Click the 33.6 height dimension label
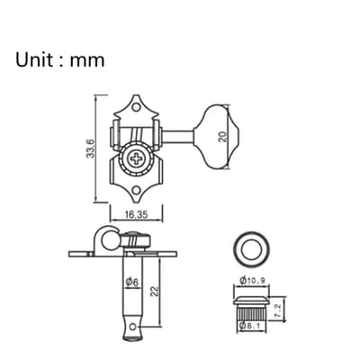click(91, 148)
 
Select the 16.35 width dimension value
click(137, 214)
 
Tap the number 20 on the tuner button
click(223, 137)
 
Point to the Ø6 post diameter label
click(132, 282)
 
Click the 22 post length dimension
click(155, 291)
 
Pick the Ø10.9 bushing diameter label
click(252, 281)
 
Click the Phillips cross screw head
click(136, 158)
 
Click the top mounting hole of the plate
click(137, 107)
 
